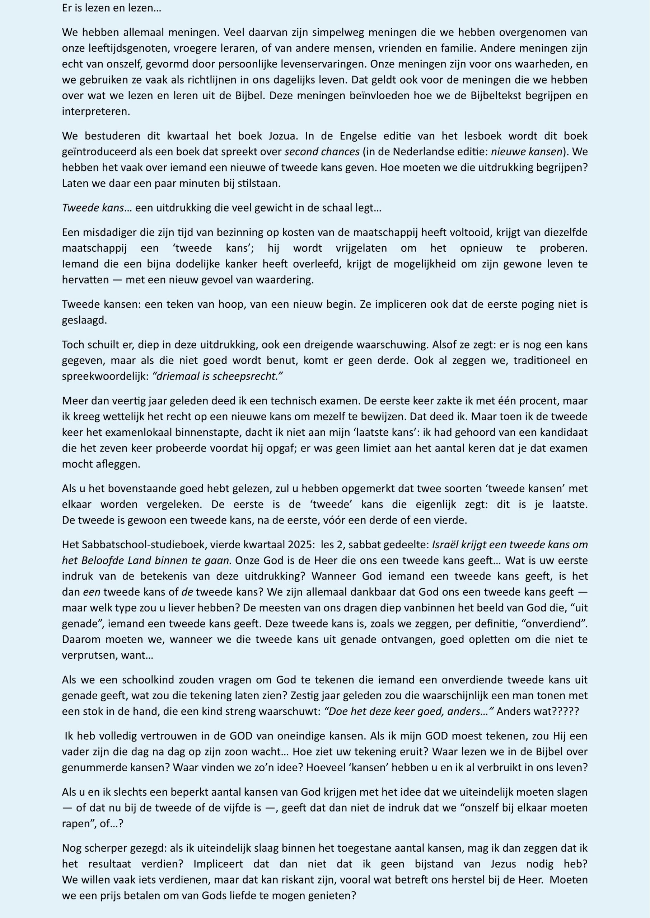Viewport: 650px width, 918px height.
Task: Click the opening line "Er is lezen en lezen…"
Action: [111, 8]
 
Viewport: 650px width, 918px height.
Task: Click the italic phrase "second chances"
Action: [322, 152]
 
